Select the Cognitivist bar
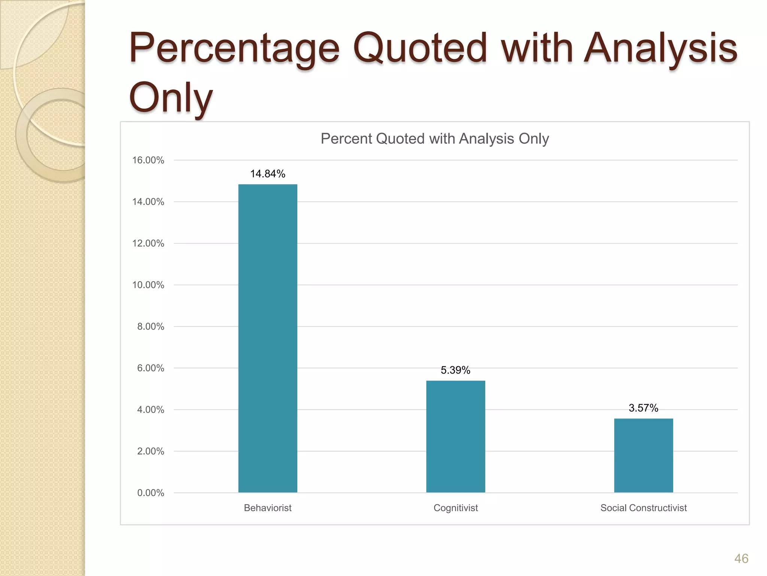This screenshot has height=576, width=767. point(455,436)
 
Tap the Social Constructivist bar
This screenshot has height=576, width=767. point(643,455)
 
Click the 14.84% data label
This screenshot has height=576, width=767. point(268,174)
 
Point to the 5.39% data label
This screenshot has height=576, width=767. point(455,370)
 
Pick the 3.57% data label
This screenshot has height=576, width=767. point(643,408)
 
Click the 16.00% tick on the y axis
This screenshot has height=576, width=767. point(148,160)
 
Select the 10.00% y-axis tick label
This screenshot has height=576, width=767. point(148,285)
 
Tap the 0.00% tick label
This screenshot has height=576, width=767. point(151,493)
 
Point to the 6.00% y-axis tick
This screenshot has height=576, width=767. point(151,368)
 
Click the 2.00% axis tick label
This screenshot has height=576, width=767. point(151,451)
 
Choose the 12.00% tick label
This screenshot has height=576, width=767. point(148,243)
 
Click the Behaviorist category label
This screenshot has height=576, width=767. point(268,508)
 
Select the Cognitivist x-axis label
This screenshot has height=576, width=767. point(455,508)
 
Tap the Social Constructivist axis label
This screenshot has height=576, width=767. point(643,508)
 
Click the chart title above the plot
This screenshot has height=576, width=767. point(435,139)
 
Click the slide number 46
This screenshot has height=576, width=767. point(741,559)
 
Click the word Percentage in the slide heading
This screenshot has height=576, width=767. point(234,49)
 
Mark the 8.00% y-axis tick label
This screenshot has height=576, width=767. point(151,327)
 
